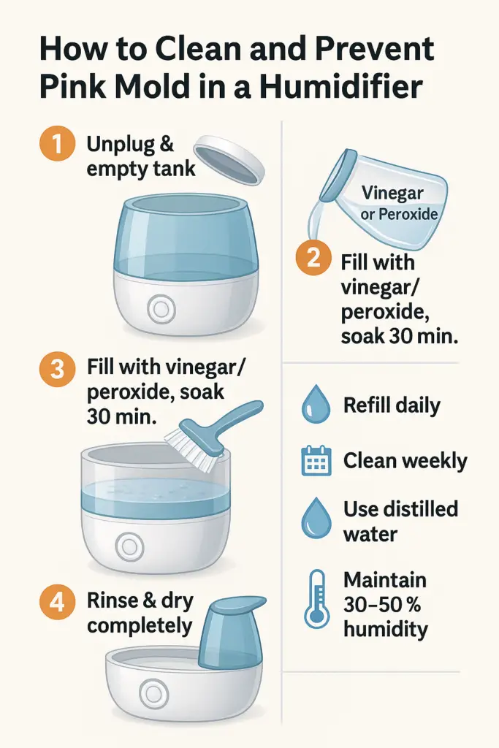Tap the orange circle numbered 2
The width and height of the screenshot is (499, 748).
pos(313,260)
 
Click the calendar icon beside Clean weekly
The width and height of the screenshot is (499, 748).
pos(316,461)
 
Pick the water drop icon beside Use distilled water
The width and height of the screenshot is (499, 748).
pos(316,518)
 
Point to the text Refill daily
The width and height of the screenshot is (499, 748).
pos(392,405)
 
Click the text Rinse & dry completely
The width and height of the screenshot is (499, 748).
pos(140,614)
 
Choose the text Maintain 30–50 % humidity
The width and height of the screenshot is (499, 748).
pos(386,604)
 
